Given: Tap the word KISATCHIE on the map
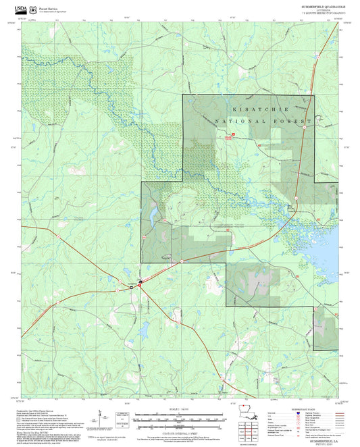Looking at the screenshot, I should [260, 109].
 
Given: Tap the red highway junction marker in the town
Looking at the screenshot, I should [140, 285].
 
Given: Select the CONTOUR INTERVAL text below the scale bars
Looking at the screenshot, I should [178, 430].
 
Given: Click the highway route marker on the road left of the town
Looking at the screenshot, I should [131, 288].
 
